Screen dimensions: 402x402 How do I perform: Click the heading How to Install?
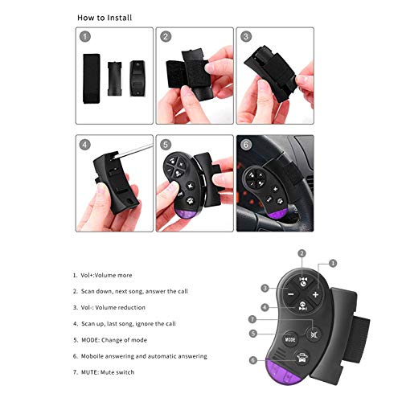105,18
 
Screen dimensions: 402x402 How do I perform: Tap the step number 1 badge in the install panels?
85,36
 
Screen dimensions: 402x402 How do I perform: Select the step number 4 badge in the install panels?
85,145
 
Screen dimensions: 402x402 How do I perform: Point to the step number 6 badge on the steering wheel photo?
246,145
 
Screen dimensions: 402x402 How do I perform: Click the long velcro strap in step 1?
92,79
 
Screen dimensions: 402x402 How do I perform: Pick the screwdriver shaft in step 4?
133,151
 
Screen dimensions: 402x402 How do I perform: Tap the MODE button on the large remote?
290,339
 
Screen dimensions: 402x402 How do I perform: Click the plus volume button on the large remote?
315,294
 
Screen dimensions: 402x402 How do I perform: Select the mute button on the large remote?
314,334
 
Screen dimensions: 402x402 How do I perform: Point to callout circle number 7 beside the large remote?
252,319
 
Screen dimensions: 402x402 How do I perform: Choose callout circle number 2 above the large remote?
302,253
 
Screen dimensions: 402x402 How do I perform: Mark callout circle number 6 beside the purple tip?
253,360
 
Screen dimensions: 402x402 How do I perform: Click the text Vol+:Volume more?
106,275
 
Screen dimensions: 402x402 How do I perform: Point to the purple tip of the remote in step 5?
187,214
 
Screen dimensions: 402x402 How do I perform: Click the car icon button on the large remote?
302,358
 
